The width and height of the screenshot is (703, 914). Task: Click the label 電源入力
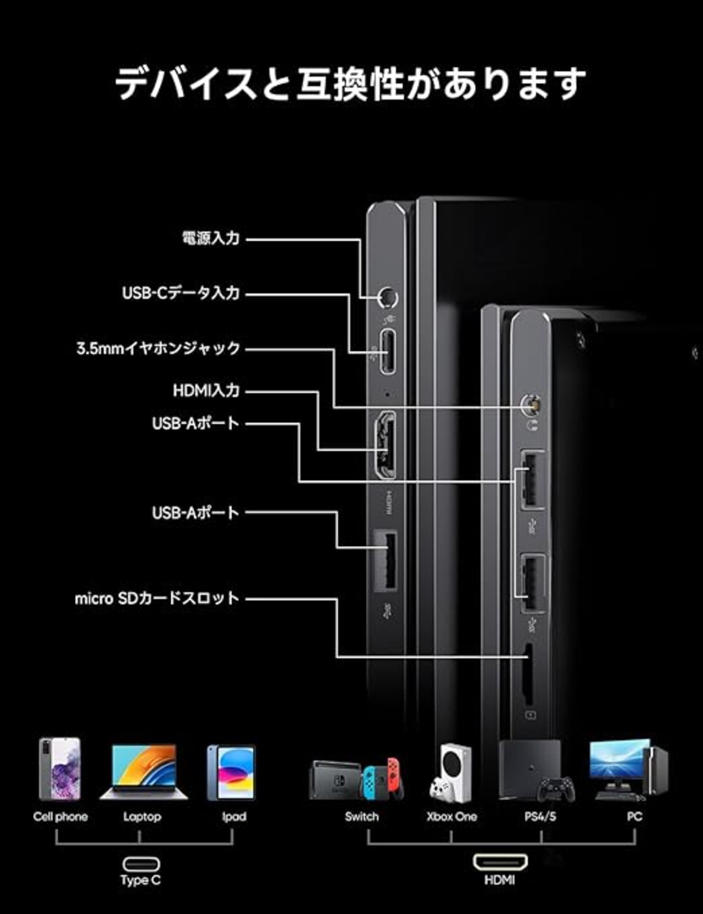[x=210, y=238]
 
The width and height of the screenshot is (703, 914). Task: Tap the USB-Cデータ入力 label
[x=181, y=293]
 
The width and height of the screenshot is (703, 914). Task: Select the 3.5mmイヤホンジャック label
[x=158, y=348]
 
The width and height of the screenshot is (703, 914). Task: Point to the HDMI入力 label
[x=206, y=390]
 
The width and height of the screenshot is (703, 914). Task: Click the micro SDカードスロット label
[x=157, y=598]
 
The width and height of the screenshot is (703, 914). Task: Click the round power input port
[x=388, y=298]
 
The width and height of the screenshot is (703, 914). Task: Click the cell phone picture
[x=60, y=769]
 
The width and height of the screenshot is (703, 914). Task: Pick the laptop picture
[x=143, y=771]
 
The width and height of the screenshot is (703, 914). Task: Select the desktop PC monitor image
[x=619, y=763]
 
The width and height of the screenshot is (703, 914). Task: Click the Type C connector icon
[x=141, y=863]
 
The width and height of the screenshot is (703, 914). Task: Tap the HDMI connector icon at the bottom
[x=500, y=862]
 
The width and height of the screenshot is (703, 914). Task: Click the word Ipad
[x=234, y=817]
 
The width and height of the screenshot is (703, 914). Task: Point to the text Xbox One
[x=451, y=817]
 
